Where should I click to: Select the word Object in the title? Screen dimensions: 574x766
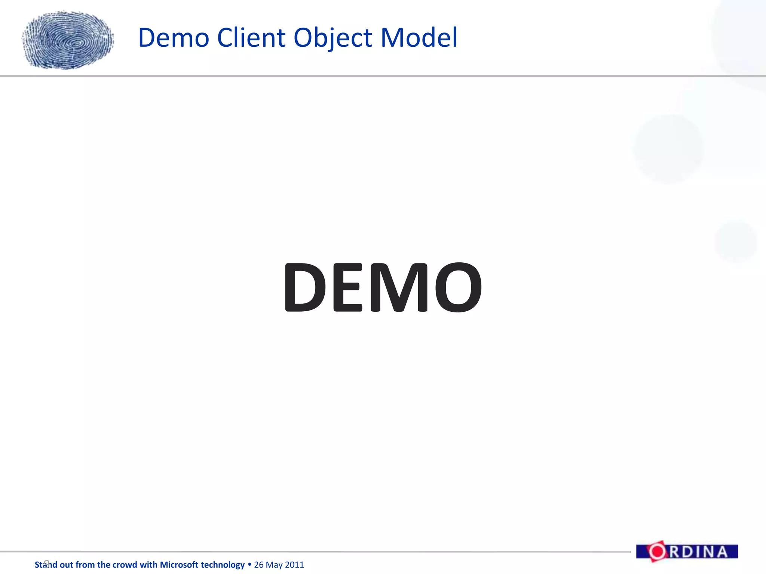(x=333, y=38)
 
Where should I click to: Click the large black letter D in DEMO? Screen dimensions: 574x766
(x=305, y=287)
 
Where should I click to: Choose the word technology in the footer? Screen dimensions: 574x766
(x=224, y=565)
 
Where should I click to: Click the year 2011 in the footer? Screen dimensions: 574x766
(x=294, y=565)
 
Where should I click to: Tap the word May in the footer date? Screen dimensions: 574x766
(x=274, y=565)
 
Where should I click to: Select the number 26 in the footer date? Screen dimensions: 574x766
(x=259, y=565)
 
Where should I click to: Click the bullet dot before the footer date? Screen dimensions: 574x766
(x=249, y=564)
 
